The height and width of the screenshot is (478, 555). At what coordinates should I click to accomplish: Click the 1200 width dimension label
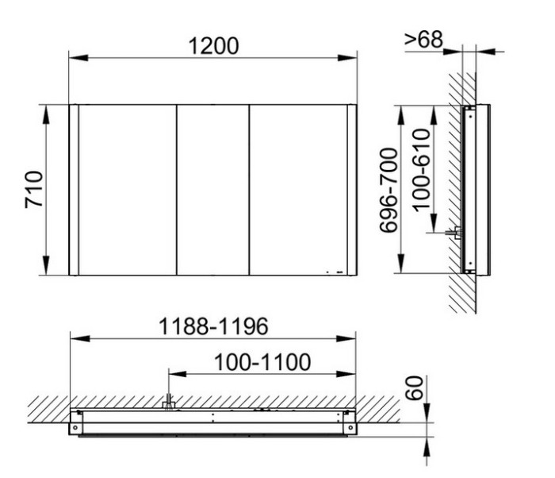click(213, 46)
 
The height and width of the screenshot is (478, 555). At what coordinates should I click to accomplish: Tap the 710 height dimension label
click(34, 189)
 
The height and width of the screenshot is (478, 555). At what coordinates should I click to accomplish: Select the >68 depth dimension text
click(423, 39)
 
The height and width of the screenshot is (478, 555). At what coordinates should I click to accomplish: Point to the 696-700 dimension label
click(388, 190)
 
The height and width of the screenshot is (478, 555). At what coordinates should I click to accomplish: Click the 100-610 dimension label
click(422, 170)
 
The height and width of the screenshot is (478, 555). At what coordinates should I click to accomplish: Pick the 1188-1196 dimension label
click(213, 326)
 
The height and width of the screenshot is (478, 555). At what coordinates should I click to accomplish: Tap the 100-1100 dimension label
click(262, 362)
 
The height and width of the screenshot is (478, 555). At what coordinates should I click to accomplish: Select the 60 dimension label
click(414, 388)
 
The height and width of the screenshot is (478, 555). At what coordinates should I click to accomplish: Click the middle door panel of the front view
click(212, 190)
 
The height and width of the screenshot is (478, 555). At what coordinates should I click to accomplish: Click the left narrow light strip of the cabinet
click(74, 190)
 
